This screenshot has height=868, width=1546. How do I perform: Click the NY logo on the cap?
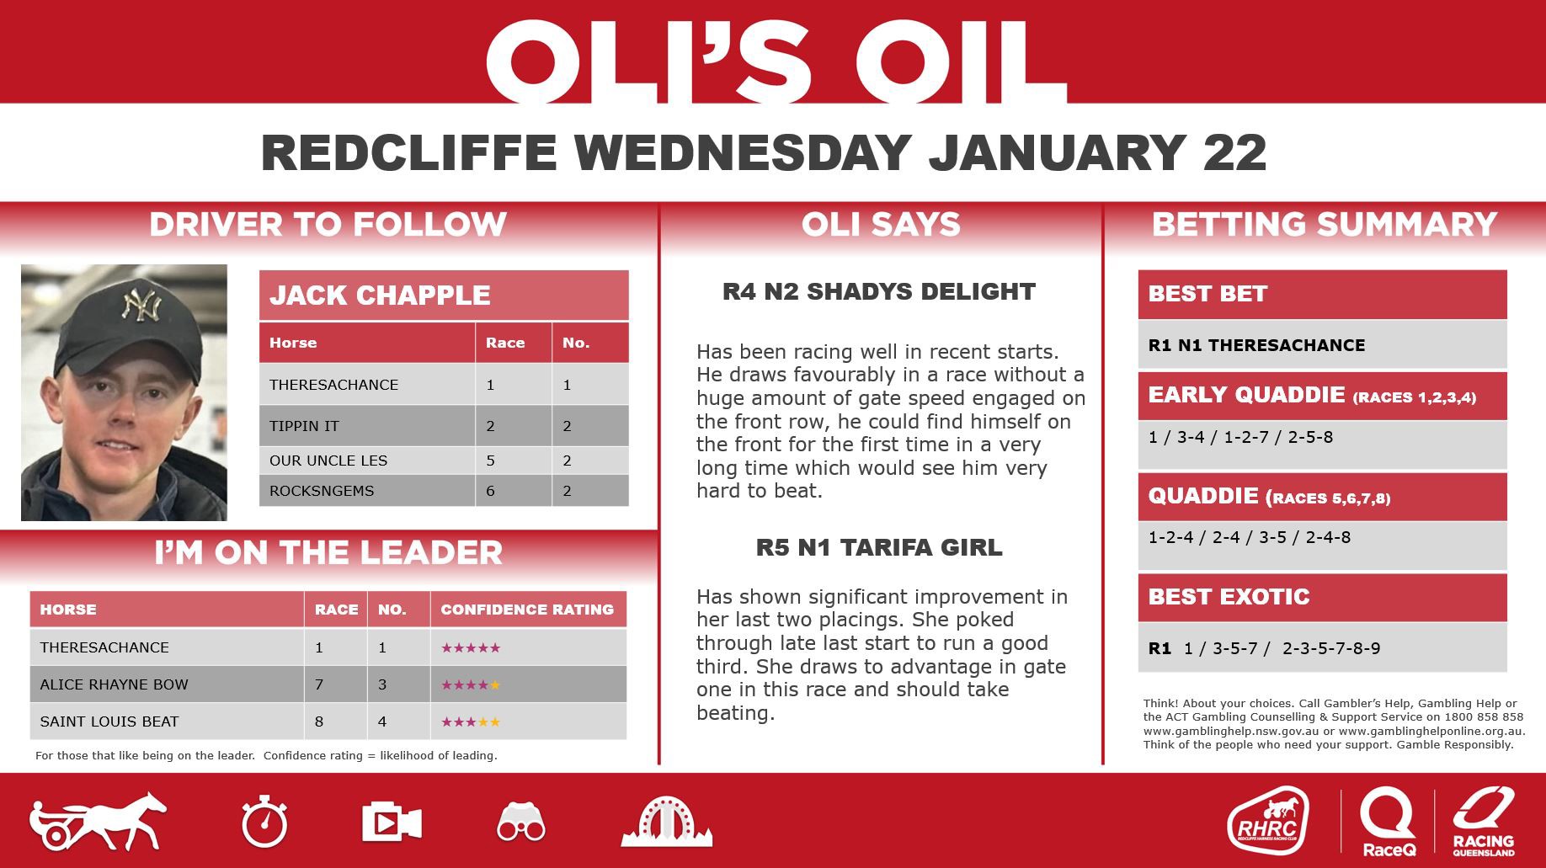click(141, 305)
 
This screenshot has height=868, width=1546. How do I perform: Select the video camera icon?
click(391, 822)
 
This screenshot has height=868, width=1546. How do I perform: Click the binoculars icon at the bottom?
click(520, 822)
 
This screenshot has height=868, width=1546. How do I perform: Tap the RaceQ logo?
click(1388, 822)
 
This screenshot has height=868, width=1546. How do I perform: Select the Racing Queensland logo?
click(1483, 822)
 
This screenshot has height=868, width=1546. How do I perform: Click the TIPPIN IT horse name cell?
click(304, 426)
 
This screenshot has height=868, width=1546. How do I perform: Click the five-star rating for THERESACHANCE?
click(471, 647)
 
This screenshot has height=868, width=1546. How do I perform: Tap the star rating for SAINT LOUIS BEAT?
click(471, 722)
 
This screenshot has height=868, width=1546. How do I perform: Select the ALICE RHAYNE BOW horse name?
click(114, 684)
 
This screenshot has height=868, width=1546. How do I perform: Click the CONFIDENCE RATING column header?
click(527, 610)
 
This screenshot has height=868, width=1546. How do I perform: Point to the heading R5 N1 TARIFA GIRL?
click(879, 548)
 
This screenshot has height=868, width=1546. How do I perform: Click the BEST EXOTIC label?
click(1229, 597)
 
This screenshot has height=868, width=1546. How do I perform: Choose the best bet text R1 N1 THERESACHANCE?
click(1256, 345)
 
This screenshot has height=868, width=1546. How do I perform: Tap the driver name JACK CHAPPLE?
click(380, 296)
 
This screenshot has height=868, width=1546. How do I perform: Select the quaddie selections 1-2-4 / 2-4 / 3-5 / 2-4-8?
click(1249, 537)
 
